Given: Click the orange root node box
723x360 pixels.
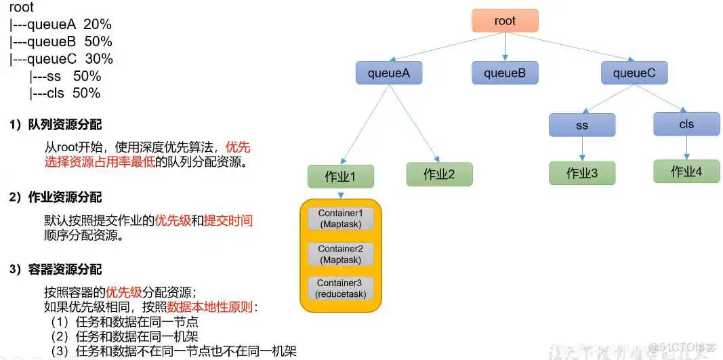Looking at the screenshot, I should click(505, 21).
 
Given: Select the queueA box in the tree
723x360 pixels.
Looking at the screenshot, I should click(388, 73).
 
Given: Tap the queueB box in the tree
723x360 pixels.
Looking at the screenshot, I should click(505, 73).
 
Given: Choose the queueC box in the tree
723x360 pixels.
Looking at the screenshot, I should click(634, 73).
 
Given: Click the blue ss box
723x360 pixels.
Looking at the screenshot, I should click(582, 125).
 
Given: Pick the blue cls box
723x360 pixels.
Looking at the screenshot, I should click(686, 124).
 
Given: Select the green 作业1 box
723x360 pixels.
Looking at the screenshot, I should click(340, 176).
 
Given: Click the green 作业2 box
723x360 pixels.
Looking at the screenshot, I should click(439, 174).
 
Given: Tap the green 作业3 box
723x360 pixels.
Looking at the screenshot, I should click(582, 174).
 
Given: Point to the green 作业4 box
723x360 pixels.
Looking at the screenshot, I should click(686, 172).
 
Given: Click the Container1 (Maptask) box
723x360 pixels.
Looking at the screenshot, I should click(340, 218).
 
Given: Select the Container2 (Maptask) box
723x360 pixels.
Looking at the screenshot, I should click(340, 254).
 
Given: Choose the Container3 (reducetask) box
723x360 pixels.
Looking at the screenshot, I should click(340, 288).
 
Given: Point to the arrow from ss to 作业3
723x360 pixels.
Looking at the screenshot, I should click(582, 149).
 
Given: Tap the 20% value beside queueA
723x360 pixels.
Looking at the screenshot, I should click(98, 24).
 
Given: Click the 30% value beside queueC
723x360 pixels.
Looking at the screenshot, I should click(99, 59).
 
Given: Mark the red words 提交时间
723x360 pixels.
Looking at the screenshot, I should click(228, 220).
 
